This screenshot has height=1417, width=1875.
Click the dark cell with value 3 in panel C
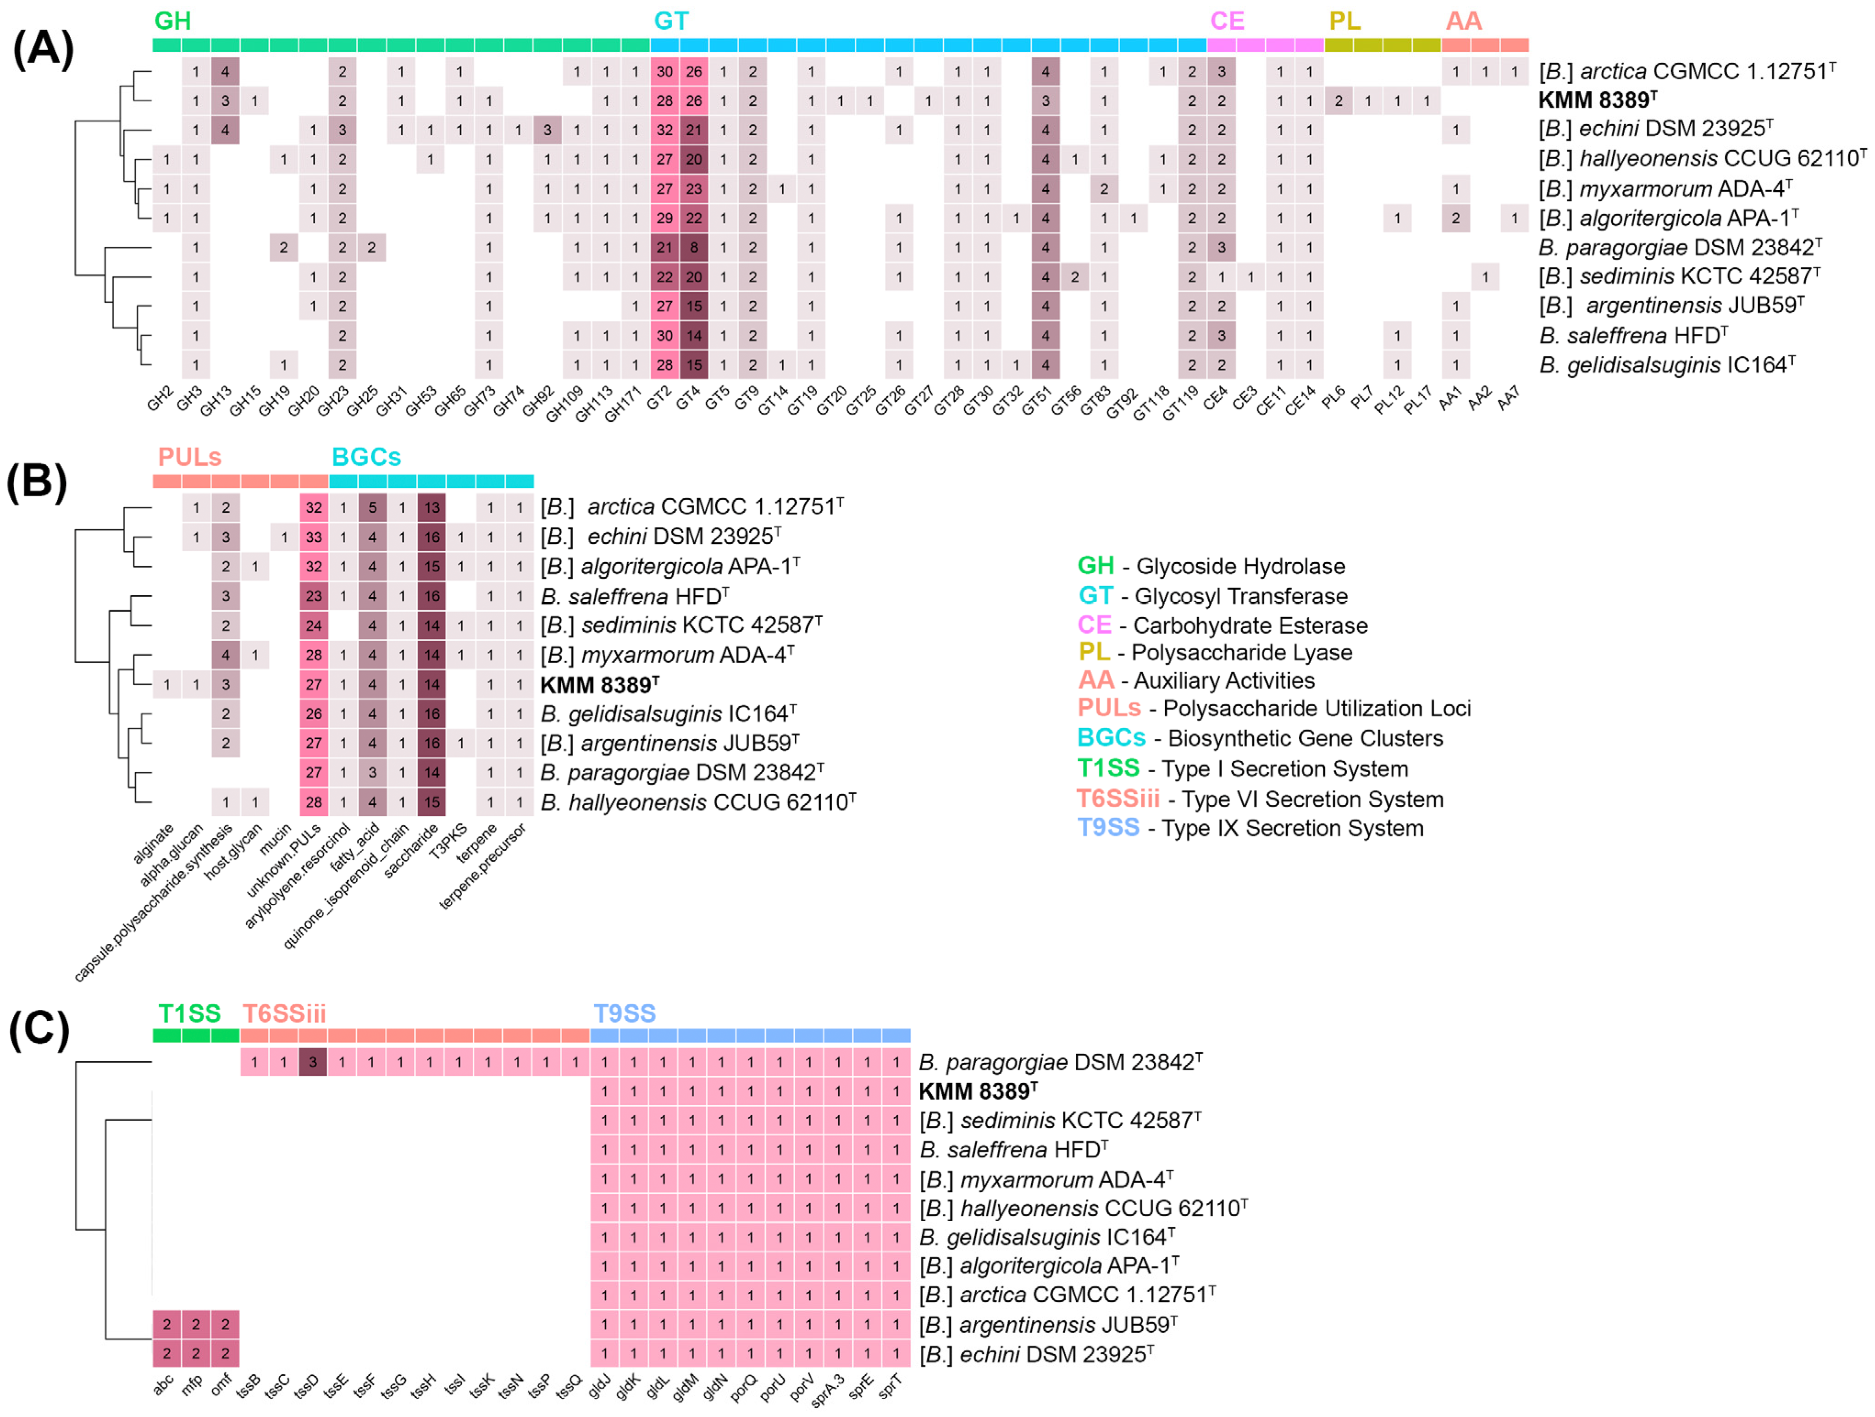[x=313, y=1062]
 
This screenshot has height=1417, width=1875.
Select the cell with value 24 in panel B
[x=314, y=625]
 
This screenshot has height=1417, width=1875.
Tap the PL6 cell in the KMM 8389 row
[x=1338, y=101]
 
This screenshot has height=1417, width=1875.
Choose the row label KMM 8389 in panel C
[x=978, y=1091]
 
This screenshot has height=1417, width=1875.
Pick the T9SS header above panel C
[x=625, y=1013]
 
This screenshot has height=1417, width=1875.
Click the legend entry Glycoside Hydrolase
[x=1240, y=566]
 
